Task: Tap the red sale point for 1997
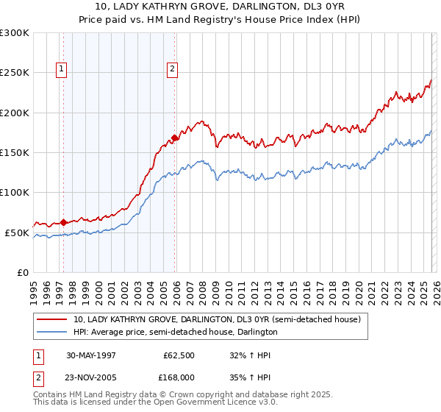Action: (x=64, y=222)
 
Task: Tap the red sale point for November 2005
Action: (x=174, y=138)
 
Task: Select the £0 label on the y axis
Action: (x=22, y=272)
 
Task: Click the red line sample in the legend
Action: (x=52, y=320)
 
